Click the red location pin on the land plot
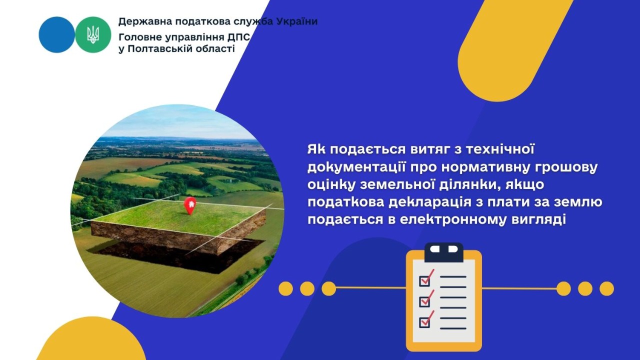pyautogui.click(x=189, y=204)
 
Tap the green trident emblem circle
pyautogui.click(x=93, y=34)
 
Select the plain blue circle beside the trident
pyautogui.click(x=56, y=34)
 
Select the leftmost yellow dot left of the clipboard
pyautogui.click(x=285, y=288)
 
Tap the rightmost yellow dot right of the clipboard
pyautogui.click(x=606, y=288)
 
